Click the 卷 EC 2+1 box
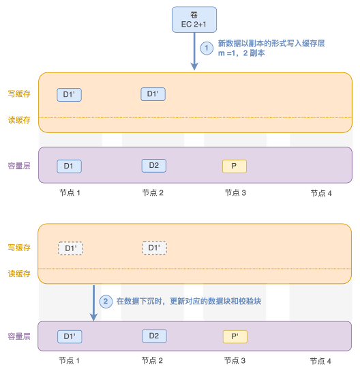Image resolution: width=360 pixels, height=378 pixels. point(194,20)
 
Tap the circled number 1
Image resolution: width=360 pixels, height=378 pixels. point(207,48)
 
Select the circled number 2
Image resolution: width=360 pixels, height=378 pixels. point(106,302)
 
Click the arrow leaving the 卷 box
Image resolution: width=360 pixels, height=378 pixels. point(194,51)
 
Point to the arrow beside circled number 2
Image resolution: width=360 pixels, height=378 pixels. point(93,303)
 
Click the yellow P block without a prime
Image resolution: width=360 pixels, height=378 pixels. point(235,166)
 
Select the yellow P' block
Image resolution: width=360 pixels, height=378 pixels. point(235,336)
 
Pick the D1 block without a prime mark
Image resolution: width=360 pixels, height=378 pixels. point(69,166)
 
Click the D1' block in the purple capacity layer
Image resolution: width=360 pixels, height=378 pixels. point(70,336)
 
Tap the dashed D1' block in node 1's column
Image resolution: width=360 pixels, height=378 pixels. point(71,248)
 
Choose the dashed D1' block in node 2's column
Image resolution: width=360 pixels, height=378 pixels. point(154,248)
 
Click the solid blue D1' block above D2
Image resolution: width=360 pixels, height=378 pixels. point(153,94)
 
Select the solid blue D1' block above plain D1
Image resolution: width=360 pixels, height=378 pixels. point(69,94)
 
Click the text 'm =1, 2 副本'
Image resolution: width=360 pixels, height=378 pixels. point(241,53)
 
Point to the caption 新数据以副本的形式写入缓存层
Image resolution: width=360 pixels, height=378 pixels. point(271,44)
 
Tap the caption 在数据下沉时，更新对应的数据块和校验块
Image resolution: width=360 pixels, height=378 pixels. point(189,302)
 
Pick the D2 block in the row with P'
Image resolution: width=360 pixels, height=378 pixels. point(154,336)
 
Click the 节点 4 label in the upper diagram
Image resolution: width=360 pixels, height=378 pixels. point(321,193)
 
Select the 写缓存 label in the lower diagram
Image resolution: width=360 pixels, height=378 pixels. point(19,248)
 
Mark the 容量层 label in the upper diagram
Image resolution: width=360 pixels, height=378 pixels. point(19,166)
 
